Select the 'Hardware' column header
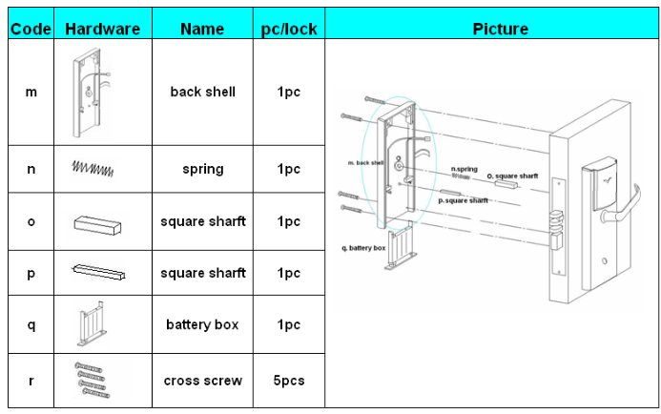click(x=102, y=29)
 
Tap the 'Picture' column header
click(x=500, y=29)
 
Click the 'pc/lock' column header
click(x=288, y=29)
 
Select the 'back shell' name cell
click(x=202, y=92)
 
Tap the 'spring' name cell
click(x=202, y=169)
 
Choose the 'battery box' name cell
click(x=202, y=324)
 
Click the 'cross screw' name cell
click(x=202, y=381)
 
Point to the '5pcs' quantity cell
click(x=288, y=381)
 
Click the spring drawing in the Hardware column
click(x=93, y=168)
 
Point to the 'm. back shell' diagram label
click(x=365, y=163)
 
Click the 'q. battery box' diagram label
click(x=363, y=247)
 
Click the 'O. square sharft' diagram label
click(x=513, y=176)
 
